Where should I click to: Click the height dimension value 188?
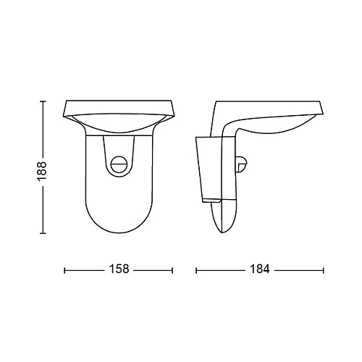[42, 167]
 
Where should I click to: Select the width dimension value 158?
[119, 269]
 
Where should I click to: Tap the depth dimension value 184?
[260, 269]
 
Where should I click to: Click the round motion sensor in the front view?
[120, 164]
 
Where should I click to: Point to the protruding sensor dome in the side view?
[243, 165]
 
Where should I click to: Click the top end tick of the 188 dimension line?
[43, 101]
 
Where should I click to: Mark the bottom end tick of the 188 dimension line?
[43, 233]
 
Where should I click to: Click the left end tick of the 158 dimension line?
[64, 270]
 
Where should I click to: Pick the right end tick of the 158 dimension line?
[172, 270]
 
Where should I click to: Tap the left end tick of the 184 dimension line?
[196, 270]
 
